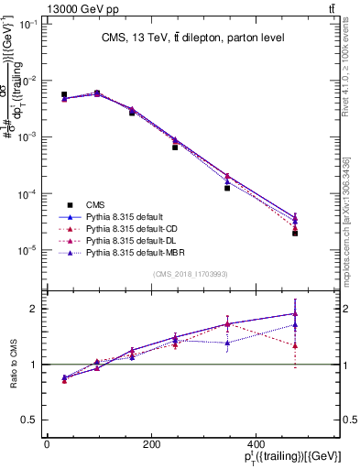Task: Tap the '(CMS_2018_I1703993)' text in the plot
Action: (x=191, y=274)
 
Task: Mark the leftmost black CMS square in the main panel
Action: (x=64, y=94)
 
